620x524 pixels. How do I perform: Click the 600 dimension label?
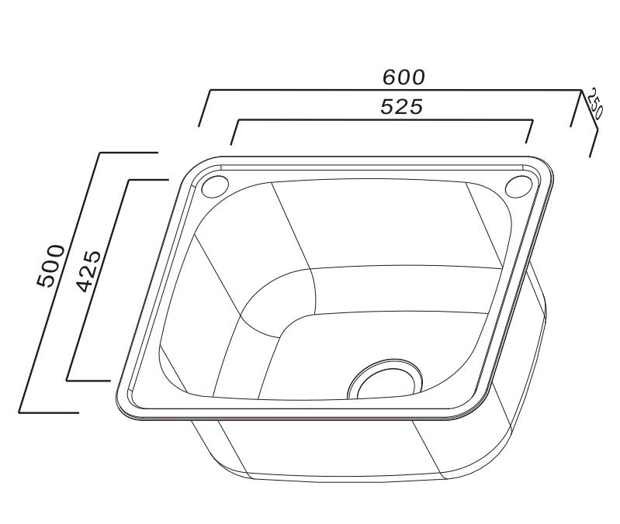(404, 78)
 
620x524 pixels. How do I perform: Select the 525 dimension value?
(401, 108)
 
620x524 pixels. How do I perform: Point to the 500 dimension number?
(51, 265)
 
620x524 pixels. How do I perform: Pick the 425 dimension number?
(88, 271)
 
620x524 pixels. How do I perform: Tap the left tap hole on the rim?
(214, 187)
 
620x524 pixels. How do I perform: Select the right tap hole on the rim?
(518, 187)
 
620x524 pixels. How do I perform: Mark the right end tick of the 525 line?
(529, 132)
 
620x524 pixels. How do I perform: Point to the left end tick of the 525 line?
(234, 133)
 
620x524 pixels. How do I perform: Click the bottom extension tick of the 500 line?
(48, 412)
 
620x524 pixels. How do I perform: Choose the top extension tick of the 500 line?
(129, 152)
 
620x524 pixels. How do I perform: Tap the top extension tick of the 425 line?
(148, 180)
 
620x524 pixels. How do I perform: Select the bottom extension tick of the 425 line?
(88, 381)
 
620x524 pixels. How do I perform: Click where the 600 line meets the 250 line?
(581, 91)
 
